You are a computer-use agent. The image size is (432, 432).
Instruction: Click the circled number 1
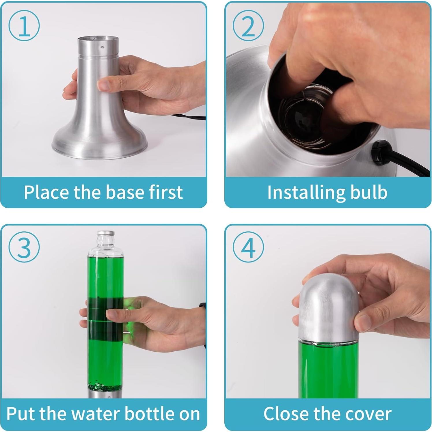click(x=24, y=25)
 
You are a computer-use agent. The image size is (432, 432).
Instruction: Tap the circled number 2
click(x=248, y=25)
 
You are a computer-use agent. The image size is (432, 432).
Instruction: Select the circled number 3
click(x=24, y=247)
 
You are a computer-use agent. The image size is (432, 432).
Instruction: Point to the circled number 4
click(x=248, y=247)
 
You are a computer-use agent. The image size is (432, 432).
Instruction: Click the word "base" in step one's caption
click(x=120, y=192)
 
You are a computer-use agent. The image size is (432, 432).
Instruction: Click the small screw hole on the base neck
click(x=102, y=46)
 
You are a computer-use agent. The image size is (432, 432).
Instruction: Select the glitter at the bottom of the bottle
click(x=105, y=386)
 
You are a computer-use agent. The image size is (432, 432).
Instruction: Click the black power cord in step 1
click(x=188, y=117)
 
